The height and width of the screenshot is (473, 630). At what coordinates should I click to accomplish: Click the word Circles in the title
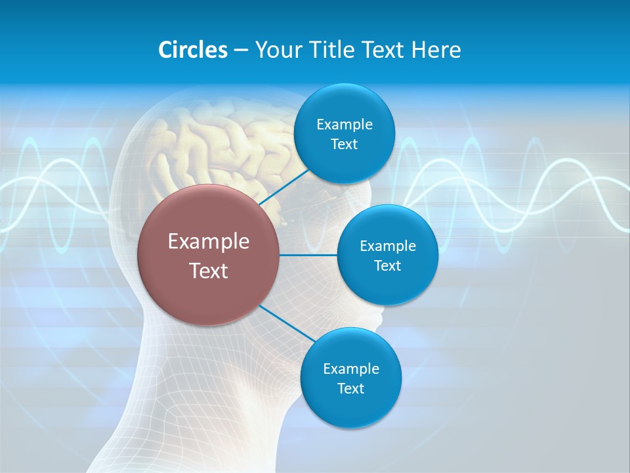pos(192,49)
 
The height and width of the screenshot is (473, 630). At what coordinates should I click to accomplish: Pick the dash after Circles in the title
pos(241,51)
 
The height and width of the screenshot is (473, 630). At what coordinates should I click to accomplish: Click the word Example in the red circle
pos(209,241)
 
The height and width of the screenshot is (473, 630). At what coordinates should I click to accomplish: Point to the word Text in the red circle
pos(209,271)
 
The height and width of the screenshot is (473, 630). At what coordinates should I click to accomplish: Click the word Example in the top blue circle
pos(344,124)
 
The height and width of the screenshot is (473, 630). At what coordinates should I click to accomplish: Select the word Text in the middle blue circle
pos(387,265)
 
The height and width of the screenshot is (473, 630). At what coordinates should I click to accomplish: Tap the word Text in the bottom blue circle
pos(350,388)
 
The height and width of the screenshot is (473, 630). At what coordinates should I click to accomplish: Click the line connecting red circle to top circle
pos(284,187)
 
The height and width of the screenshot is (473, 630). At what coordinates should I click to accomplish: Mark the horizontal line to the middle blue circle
pos(308,255)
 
